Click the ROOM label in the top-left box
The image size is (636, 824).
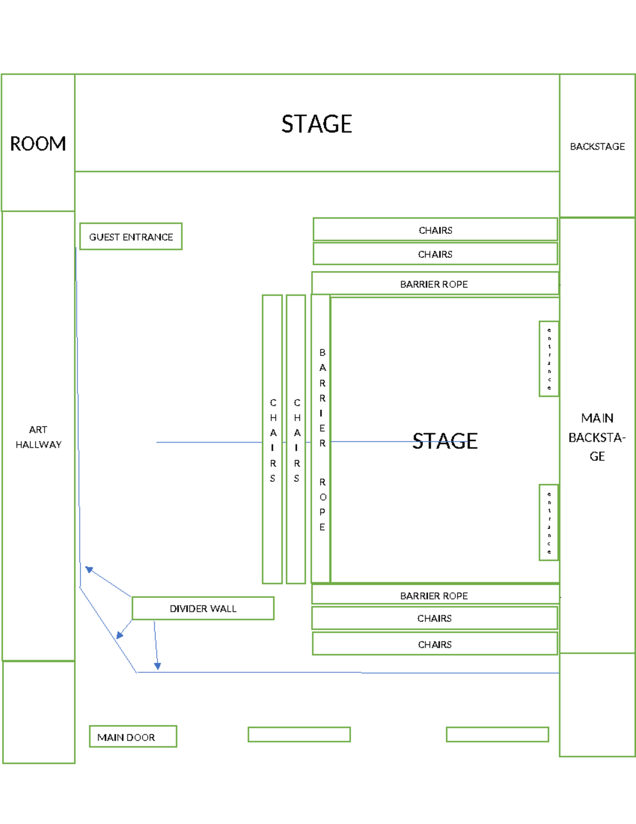(x=38, y=144)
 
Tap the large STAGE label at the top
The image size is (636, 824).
(x=316, y=124)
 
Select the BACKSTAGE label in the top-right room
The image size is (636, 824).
(x=597, y=146)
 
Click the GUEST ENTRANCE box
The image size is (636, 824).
(x=131, y=237)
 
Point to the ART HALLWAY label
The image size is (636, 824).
(x=38, y=437)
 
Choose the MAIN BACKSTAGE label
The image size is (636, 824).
(x=597, y=437)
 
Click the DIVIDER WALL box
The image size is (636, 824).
(x=203, y=609)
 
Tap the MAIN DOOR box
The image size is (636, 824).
(x=133, y=736)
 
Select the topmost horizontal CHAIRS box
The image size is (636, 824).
(x=435, y=230)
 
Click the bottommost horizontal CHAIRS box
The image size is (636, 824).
(x=435, y=644)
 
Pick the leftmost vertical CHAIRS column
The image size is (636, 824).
(x=272, y=439)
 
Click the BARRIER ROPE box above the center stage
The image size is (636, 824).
(x=435, y=284)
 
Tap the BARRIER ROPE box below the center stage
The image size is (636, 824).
(x=435, y=595)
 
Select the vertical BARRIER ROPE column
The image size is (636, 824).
(x=321, y=439)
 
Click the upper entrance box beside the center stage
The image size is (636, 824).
(x=549, y=359)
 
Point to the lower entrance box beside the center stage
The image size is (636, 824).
(x=549, y=523)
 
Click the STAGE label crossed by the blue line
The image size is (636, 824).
(x=445, y=441)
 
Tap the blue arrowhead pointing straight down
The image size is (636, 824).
(x=157, y=666)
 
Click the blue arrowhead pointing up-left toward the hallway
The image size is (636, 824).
(x=90, y=570)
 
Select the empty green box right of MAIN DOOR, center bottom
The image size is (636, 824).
(x=299, y=734)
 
